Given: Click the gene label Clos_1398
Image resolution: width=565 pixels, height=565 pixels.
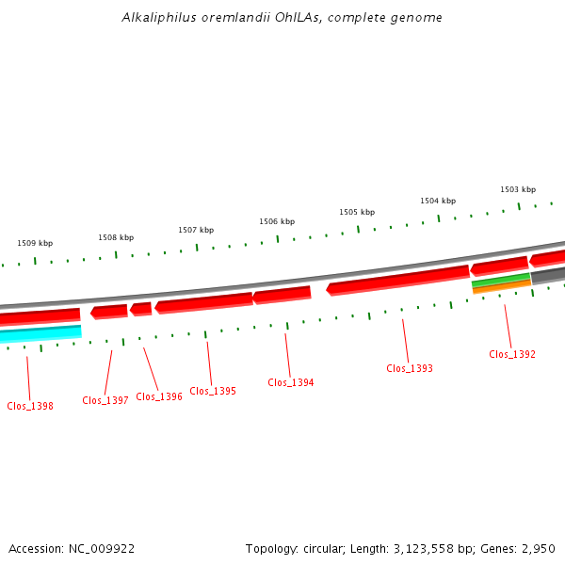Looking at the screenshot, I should [30, 406].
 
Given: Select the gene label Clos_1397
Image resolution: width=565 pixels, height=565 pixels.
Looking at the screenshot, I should [105, 400].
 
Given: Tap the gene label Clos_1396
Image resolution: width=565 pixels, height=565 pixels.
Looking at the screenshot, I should [159, 396].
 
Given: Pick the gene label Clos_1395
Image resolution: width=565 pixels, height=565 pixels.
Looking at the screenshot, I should [213, 391].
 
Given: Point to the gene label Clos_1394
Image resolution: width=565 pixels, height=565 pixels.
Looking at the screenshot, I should [291, 382].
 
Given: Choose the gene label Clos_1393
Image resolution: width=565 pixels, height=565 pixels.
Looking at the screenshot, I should [410, 368].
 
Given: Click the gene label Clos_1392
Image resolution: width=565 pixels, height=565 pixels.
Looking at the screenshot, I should [512, 354].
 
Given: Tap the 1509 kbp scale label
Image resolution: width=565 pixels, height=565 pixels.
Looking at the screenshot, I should [35, 243].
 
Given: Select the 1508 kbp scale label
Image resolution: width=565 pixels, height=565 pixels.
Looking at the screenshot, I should [116, 237].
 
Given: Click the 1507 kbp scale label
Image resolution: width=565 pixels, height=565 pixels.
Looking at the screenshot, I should [196, 230].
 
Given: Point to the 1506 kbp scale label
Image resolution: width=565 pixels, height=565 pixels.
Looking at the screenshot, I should [277, 221].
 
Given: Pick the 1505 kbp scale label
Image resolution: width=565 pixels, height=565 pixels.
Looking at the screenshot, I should [357, 212].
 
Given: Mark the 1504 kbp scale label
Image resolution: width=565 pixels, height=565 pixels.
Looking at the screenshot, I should [438, 201].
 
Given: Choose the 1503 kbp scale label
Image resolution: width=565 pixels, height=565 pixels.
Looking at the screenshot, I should [518, 189].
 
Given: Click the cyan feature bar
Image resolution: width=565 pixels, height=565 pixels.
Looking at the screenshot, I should [40, 333].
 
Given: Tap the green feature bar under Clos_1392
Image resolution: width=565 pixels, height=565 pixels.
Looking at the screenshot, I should [500, 281].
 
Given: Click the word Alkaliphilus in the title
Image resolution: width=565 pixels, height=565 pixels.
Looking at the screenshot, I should [155, 18].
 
